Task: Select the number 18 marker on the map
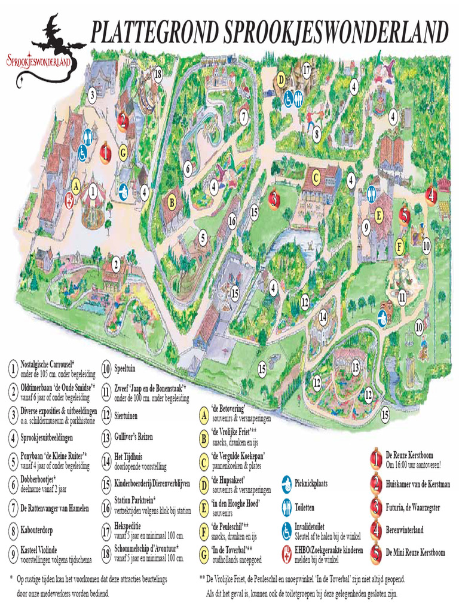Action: [x=158, y=74]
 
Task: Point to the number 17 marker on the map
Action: [x=306, y=70]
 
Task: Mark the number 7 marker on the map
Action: [x=243, y=117]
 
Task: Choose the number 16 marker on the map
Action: [x=232, y=222]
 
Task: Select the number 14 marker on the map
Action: [x=323, y=317]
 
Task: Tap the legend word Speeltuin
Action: [x=128, y=369]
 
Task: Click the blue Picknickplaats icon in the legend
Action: [x=286, y=482]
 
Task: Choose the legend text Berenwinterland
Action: [x=413, y=530]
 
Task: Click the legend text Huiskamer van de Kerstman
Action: [x=418, y=485]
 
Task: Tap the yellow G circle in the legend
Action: [x=204, y=553]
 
